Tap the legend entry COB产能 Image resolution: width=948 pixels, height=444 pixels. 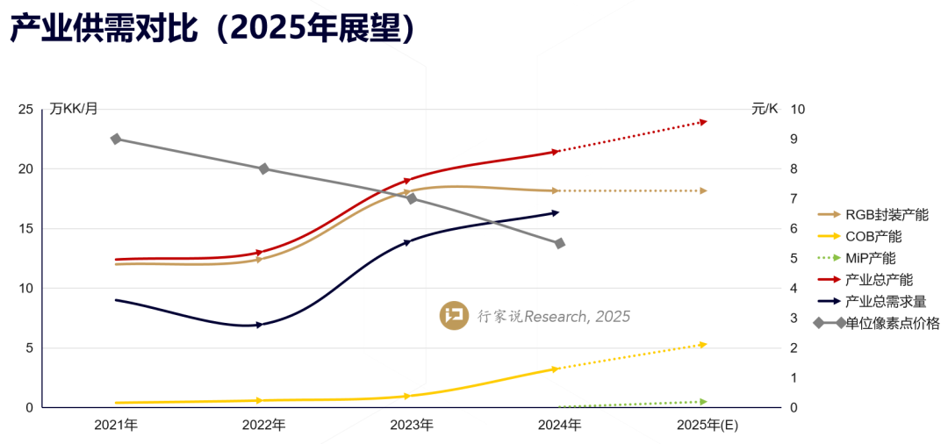873,236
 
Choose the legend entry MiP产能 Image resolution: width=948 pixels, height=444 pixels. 871,258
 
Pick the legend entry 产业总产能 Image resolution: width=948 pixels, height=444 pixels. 879,280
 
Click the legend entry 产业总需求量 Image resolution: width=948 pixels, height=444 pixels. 885,302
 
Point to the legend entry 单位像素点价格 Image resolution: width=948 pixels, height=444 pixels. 892,324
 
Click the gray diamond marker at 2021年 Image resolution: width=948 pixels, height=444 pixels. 116,140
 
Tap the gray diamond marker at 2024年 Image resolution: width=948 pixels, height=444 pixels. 559,243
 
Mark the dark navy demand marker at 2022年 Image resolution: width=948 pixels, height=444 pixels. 258,325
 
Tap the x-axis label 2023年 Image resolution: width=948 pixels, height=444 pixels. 412,426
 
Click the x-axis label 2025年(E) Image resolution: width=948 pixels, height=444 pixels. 705,426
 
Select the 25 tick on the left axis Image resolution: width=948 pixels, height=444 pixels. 25,110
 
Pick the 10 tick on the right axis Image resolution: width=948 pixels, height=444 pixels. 798,110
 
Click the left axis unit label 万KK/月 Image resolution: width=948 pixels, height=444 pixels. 74,109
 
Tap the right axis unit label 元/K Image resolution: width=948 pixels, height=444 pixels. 765,109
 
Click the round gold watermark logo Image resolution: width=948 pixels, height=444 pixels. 454,316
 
